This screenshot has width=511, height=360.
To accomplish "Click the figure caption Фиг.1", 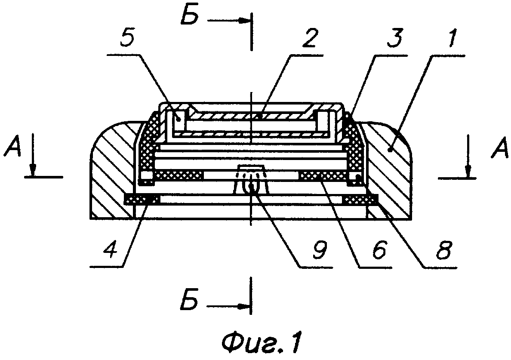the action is pos(261,342).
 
